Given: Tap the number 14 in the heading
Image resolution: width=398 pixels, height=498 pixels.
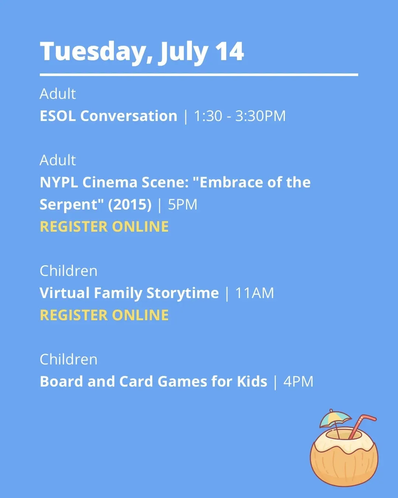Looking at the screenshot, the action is (x=230, y=51).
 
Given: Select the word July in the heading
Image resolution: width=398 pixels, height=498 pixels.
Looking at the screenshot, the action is (x=183, y=52).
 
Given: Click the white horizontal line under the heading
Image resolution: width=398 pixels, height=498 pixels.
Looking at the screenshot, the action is (x=199, y=75).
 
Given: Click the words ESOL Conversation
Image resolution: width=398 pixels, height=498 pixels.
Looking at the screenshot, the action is (x=108, y=116).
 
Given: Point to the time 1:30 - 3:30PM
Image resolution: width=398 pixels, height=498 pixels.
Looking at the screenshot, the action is (x=240, y=116).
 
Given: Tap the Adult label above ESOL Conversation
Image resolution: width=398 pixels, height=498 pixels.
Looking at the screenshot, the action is (x=57, y=94).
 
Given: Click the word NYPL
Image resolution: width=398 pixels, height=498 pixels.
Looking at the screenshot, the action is (x=59, y=182).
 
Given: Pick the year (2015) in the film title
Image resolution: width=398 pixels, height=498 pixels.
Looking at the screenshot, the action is (x=130, y=205).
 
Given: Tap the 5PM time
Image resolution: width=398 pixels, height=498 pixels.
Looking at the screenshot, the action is (x=182, y=205).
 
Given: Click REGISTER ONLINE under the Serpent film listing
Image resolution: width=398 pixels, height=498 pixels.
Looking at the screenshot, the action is (x=104, y=226).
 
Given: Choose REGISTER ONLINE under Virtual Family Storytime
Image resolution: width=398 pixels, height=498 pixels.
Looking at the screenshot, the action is (x=104, y=315).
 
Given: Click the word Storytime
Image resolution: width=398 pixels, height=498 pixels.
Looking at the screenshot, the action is (x=182, y=293).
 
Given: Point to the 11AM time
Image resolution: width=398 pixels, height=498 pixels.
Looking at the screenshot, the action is (x=254, y=293).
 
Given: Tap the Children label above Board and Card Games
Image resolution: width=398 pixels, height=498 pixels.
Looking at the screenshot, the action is (x=69, y=359).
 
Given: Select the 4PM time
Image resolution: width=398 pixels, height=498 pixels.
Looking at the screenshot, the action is (x=298, y=381).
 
